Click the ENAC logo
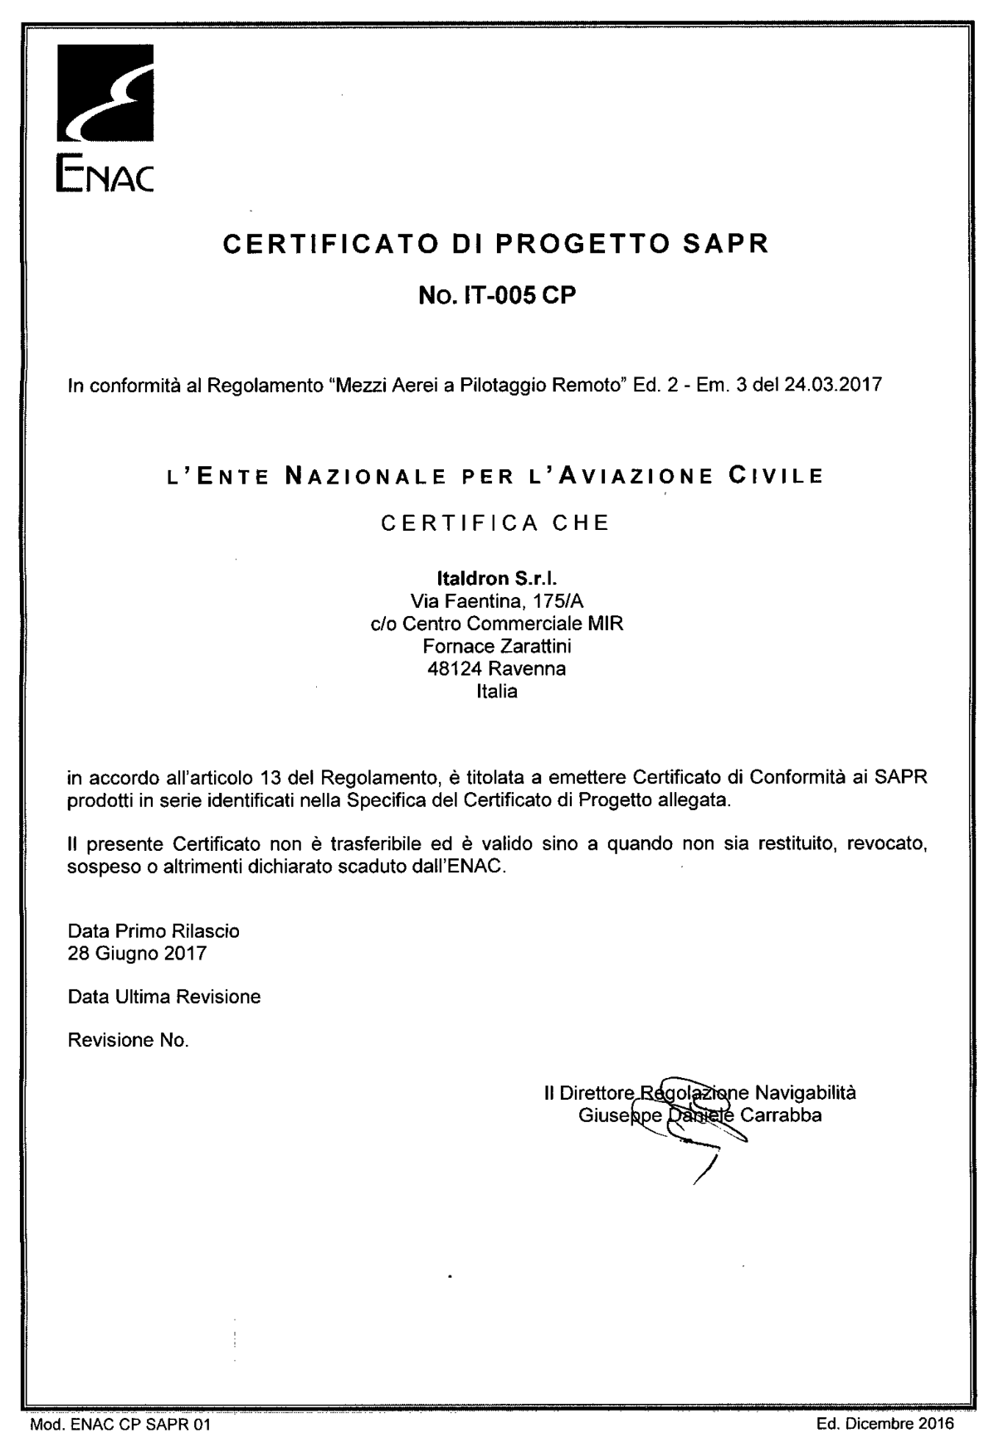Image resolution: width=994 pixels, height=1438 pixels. pyautogui.click(x=105, y=119)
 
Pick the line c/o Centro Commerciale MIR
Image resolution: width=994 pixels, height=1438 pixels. pyautogui.click(x=496, y=623)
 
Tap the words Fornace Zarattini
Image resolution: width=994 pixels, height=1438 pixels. pyautogui.click(x=496, y=645)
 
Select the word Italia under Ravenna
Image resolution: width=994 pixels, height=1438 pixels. pyautogui.click(x=496, y=691)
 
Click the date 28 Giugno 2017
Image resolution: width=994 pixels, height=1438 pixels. pyautogui.click(x=137, y=953)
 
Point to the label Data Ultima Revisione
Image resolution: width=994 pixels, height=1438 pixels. pyautogui.click(x=164, y=996)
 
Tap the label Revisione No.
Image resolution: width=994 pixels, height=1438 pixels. pyautogui.click(x=128, y=1040)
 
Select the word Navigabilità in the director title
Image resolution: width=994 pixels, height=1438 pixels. pyautogui.click(x=806, y=1093)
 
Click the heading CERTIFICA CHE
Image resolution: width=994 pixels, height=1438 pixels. pyautogui.click(x=495, y=523)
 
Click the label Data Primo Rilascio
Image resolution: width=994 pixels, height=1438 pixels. pyautogui.click(x=153, y=931)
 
